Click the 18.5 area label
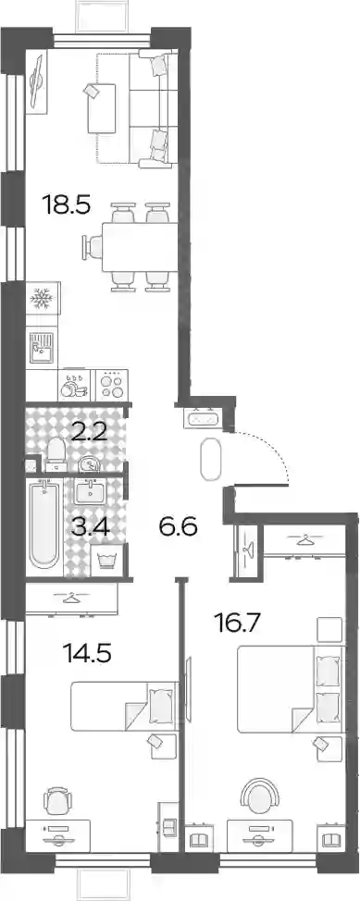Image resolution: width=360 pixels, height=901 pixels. [68, 205]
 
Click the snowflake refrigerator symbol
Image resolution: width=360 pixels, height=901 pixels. [42, 298]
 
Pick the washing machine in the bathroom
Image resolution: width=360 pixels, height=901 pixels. [106, 561]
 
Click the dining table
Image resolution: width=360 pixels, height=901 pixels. [139, 247]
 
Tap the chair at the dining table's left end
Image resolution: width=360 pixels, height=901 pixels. [92, 247]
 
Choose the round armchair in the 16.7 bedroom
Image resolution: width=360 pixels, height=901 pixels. [259, 796]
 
